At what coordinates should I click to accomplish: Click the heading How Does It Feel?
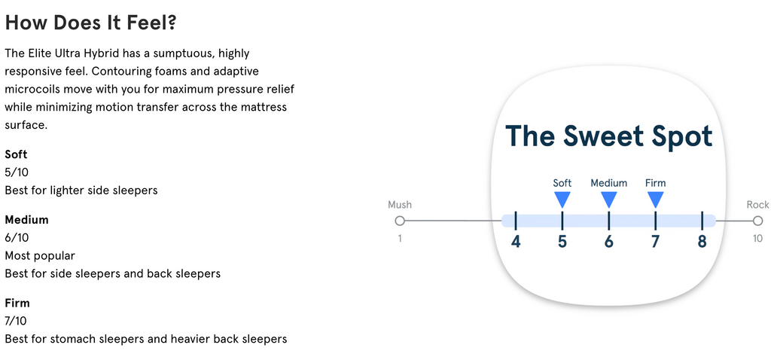pyautogui.click(x=90, y=22)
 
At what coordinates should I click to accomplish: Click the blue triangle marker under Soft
pyautogui.click(x=562, y=199)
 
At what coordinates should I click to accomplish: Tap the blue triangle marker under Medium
pyautogui.click(x=608, y=199)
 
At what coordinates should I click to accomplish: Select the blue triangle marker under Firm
pyautogui.click(x=656, y=199)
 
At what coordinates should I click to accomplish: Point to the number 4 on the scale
pyautogui.click(x=515, y=242)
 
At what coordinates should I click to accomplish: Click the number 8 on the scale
pyautogui.click(x=702, y=242)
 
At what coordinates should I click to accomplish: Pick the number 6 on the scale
pyautogui.click(x=608, y=242)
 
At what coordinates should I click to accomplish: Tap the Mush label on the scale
pyautogui.click(x=400, y=205)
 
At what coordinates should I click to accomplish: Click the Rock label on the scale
pyautogui.click(x=757, y=205)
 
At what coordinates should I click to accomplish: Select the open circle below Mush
pyautogui.click(x=400, y=221)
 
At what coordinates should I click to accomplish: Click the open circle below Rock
pyautogui.click(x=757, y=221)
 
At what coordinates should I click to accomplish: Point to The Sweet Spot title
pyautogui.click(x=608, y=136)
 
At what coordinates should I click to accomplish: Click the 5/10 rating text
pyautogui.click(x=17, y=172)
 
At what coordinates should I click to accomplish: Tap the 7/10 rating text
pyautogui.click(x=17, y=321)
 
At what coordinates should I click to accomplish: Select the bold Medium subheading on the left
pyautogui.click(x=26, y=219)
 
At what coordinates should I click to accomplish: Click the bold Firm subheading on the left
pyautogui.click(x=17, y=303)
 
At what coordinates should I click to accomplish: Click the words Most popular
pyautogui.click(x=40, y=256)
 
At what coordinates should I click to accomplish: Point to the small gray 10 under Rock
pyautogui.click(x=757, y=239)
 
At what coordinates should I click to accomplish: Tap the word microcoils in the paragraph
pyautogui.click(x=29, y=89)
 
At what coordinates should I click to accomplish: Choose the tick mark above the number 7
pyautogui.click(x=656, y=221)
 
